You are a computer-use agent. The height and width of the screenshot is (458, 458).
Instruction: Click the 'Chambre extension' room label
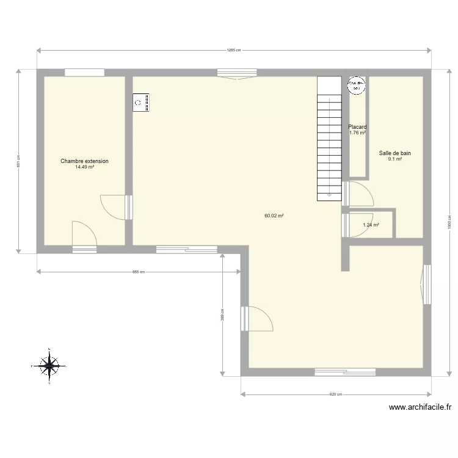[84, 161]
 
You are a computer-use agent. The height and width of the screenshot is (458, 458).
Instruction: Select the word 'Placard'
[357, 128]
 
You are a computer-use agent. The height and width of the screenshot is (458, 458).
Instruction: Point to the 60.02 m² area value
[274, 216]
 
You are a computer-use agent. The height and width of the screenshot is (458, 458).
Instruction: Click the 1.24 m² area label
[371, 225]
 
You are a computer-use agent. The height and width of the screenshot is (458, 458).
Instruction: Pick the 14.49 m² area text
[84, 167]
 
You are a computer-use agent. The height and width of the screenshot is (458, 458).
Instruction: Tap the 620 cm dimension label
[335, 394]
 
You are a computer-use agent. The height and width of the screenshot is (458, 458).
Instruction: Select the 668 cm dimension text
[139, 272]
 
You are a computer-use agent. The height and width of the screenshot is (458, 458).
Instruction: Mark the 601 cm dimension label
[18, 161]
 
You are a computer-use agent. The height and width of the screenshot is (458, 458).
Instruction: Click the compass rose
[48, 365]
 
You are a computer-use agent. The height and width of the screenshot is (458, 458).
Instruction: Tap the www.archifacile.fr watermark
[420, 407]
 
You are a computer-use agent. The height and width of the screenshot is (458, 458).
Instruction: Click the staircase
[329, 139]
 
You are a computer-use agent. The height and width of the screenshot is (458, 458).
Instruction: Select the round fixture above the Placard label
[356, 86]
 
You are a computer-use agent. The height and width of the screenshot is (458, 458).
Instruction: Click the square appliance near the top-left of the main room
[141, 103]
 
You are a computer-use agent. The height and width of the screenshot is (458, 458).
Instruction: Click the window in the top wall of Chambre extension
[84, 73]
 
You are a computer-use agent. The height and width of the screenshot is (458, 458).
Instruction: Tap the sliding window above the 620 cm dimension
[345, 371]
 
